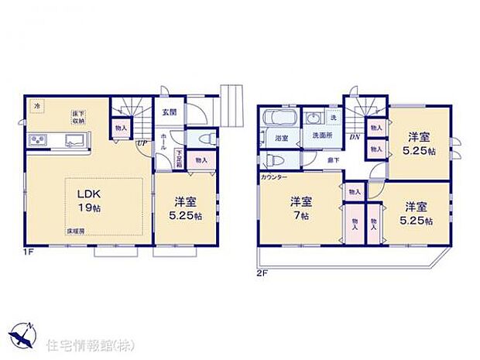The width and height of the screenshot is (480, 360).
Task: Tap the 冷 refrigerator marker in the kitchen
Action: click(36, 105)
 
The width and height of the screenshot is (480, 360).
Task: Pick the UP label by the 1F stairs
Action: click(142, 144)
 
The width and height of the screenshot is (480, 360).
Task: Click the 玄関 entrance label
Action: click(169, 111)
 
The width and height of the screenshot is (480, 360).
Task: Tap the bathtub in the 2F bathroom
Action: click(279, 122)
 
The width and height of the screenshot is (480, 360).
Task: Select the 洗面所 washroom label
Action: click(322, 136)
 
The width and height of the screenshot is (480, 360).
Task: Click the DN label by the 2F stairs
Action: click(354, 137)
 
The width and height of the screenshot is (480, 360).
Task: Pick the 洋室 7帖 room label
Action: click(301, 208)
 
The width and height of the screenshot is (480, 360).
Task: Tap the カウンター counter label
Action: click(275, 177)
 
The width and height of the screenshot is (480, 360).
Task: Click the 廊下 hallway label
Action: click(331, 159)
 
